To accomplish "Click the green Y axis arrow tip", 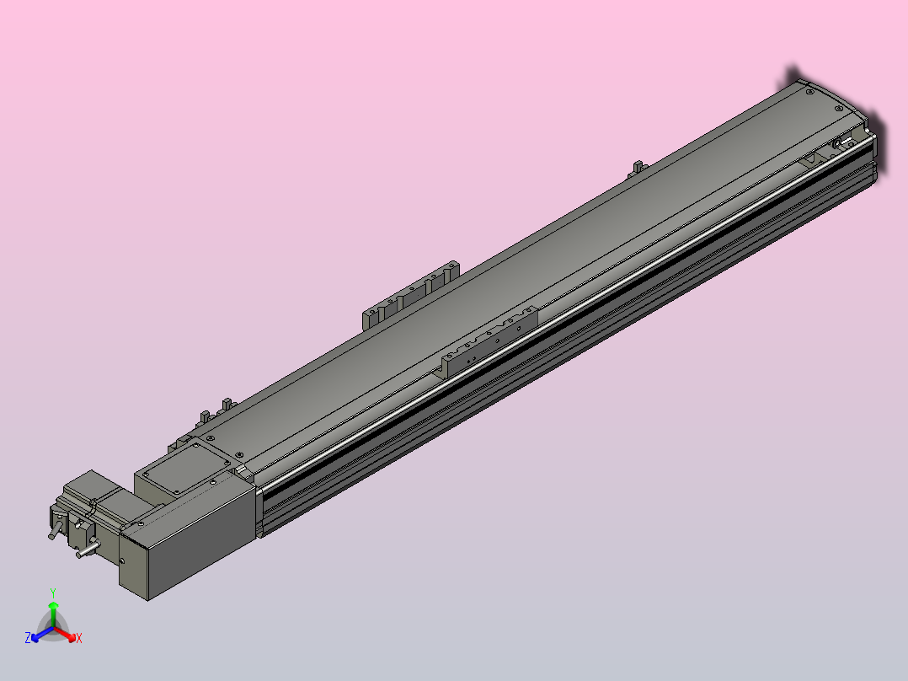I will [x=53, y=604].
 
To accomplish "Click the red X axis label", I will [x=78, y=639].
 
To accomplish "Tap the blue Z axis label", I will [x=28, y=639].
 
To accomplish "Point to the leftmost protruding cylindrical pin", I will [x=54, y=533].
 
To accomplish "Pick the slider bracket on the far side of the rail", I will [x=411, y=292].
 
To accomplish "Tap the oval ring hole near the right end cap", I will [x=840, y=145].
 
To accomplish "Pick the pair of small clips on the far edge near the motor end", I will [x=214, y=410].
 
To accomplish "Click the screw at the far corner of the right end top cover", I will [x=809, y=88].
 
